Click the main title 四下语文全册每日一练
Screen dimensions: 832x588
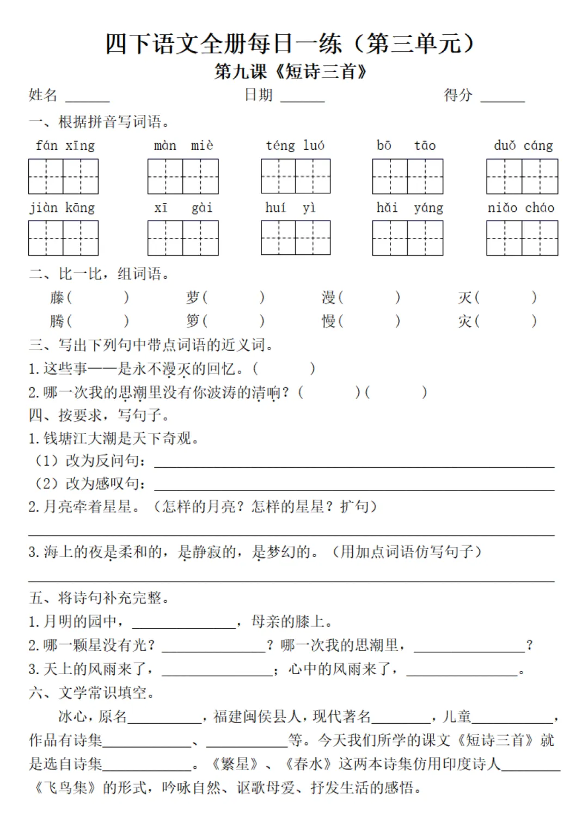pos(223,44)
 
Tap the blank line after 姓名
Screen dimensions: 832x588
pos(87,100)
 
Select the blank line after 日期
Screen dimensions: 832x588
pos(302,100)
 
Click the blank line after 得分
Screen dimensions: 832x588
pos(503,100)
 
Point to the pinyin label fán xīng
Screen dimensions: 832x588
pos(65,145)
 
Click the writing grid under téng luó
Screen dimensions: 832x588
pos(296,176)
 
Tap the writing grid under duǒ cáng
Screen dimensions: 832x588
pos(522,176)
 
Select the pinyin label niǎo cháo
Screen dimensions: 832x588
pos(521,207)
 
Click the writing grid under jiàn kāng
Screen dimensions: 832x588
pos(63,238)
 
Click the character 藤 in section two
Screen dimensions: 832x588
pos(57,297)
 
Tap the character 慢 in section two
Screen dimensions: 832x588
pos(328,321)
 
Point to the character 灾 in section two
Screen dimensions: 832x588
pos(464,321)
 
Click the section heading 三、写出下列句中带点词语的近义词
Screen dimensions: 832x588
pos(151,345)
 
